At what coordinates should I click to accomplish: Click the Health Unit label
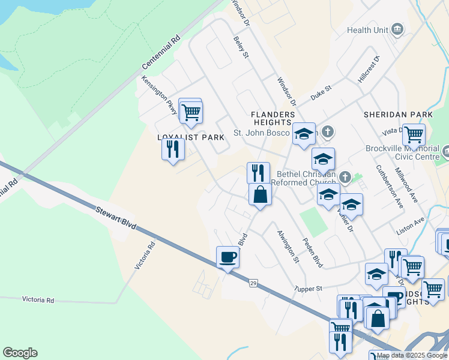[367, 30]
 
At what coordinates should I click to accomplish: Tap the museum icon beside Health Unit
[396, 29]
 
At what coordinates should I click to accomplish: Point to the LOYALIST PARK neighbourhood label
[191, 137]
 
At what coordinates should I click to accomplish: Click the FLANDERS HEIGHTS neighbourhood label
[273, 118]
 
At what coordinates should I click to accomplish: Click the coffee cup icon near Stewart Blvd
[228, 257]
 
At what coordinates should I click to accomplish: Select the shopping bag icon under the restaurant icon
[260, 194]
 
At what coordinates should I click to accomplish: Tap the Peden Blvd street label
[313, 253]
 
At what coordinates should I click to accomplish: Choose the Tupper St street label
[309, 289]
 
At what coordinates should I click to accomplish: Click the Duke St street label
[321, 92]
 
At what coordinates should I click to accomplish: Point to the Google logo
[20, 353]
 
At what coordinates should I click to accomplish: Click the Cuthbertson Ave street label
[390, 187]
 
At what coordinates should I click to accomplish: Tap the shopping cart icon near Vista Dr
[414, 135]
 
